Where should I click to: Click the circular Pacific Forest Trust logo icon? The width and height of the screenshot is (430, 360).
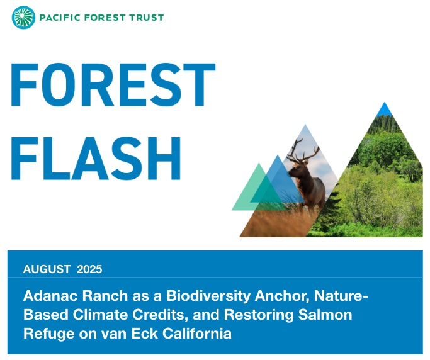point(23,17)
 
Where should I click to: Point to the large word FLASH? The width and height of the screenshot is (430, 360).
point(96,155)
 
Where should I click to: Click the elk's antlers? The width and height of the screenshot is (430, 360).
point(303,149)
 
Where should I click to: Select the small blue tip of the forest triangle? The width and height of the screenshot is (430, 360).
point(385,110)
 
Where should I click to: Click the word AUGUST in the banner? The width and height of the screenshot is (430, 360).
point(47,269)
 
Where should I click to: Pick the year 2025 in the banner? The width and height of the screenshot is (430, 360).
point(89,269)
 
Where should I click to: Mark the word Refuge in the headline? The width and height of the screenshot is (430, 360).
point(47,333)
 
